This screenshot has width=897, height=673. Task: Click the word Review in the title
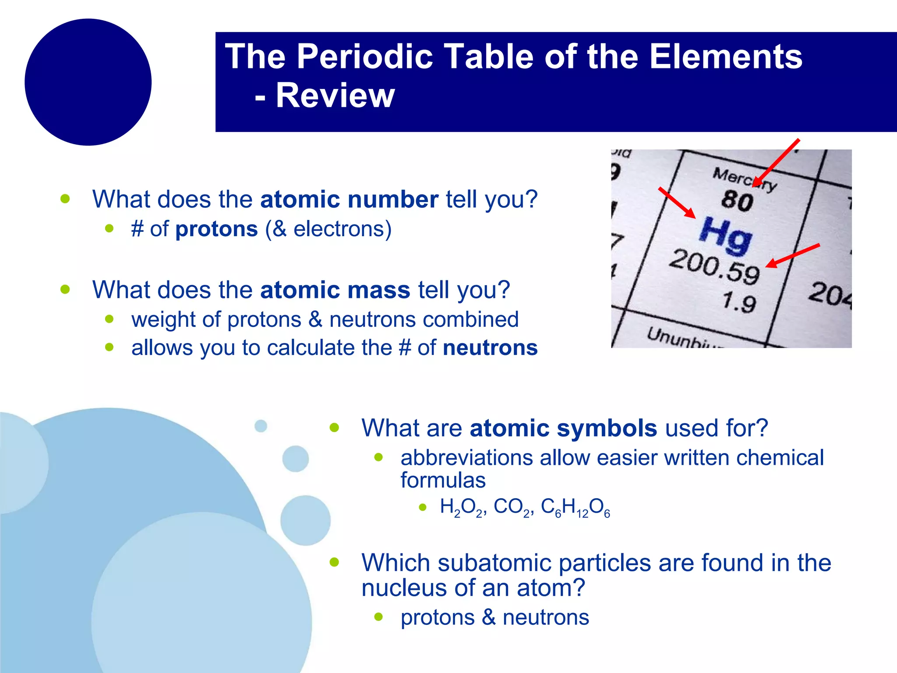click(335, 96)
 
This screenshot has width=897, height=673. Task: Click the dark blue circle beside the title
click(88, 82)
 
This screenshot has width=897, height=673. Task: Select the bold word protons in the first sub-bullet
click(216, 229)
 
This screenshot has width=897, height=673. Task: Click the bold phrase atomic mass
click(335, 290)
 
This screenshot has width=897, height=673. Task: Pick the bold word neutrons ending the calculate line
click(490, 348)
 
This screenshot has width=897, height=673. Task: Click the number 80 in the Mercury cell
click(737, 201)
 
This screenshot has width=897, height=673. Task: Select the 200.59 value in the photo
click(714, 266)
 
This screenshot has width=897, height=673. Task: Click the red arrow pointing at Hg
click(677, 203)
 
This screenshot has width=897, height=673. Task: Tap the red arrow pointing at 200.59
click(793, 255)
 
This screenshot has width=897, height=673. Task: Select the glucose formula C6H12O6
click(575, 507)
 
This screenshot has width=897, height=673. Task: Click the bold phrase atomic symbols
click(563, 428)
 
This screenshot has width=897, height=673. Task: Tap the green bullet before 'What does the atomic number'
click(65, 199)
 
